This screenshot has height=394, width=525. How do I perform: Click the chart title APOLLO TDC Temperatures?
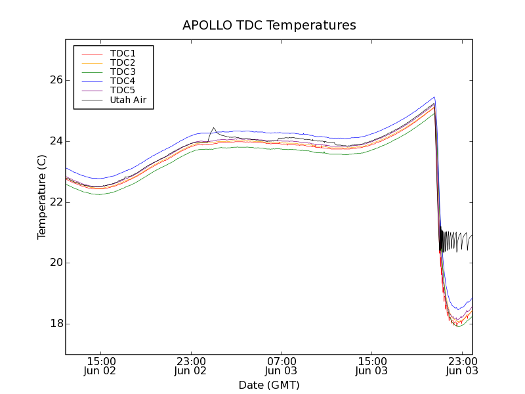269,26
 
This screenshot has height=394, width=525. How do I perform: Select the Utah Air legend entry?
128,100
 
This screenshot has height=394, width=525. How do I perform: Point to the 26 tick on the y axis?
56,80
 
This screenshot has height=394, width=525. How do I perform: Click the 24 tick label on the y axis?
56,141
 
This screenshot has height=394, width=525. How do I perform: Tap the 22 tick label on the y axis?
56,202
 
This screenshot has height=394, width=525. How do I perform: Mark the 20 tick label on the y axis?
56,263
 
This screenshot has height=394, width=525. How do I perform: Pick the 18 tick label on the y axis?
56,324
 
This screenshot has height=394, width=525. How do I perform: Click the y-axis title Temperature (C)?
42,197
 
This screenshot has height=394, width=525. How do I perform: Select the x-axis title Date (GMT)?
269,385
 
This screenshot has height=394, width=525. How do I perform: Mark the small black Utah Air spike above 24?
213,129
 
